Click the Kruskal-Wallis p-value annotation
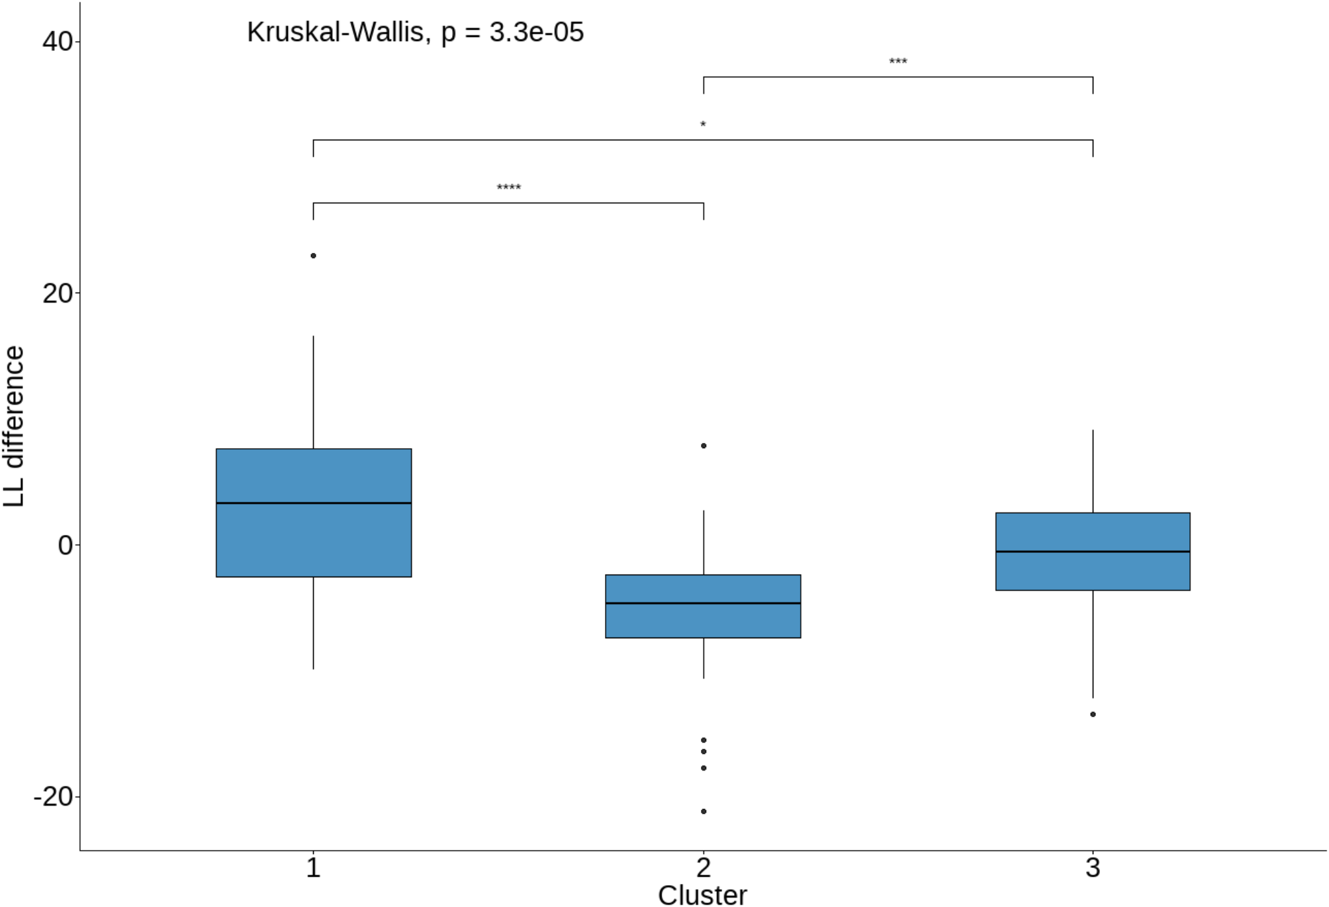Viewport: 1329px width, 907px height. pyautogui.click(x=415, y=32)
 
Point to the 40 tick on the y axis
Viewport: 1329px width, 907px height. pyautogui.click(x=58, y=42)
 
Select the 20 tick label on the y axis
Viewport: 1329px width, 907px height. pyautogui.click(x=58, y=293)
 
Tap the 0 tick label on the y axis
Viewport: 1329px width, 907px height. pyautogui.click(x=65, y=546)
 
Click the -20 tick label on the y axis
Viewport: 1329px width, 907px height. pyautogui.click(x=54, y=796)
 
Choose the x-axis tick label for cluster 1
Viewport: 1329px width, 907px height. pyautogui.click(x=313, y=867)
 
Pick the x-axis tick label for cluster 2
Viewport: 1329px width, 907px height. pyautogui.click(x=704, y=867)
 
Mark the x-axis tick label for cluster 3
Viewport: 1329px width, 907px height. pyautogui.click(x=1093, y=867)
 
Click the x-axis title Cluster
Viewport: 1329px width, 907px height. pyautogui.click(x=702, y=895)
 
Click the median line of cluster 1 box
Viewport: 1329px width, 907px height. pyautogui.click(x=314, y=503)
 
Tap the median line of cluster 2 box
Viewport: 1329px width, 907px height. pyautogui.click(x=703, y=603)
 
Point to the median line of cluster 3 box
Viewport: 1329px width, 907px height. pyautogui.click(x=1093, y=551)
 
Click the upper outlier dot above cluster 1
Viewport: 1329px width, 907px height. pyautogui.click(x=313, y=256)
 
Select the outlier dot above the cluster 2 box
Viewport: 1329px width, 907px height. pyautogui.click(x=704, y=446)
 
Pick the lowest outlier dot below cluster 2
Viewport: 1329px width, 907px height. pyautogui.click(x=704, y=811)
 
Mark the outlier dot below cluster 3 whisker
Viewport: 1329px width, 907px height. pyautogui.click(x=1093, y=714)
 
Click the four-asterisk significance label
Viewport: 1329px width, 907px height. pyautogui.click(x=509, y=188)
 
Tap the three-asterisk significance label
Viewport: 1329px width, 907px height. pyautogui.click(x=897, y=62)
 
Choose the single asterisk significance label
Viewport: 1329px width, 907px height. pyautogui.click(x=703, y=124)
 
